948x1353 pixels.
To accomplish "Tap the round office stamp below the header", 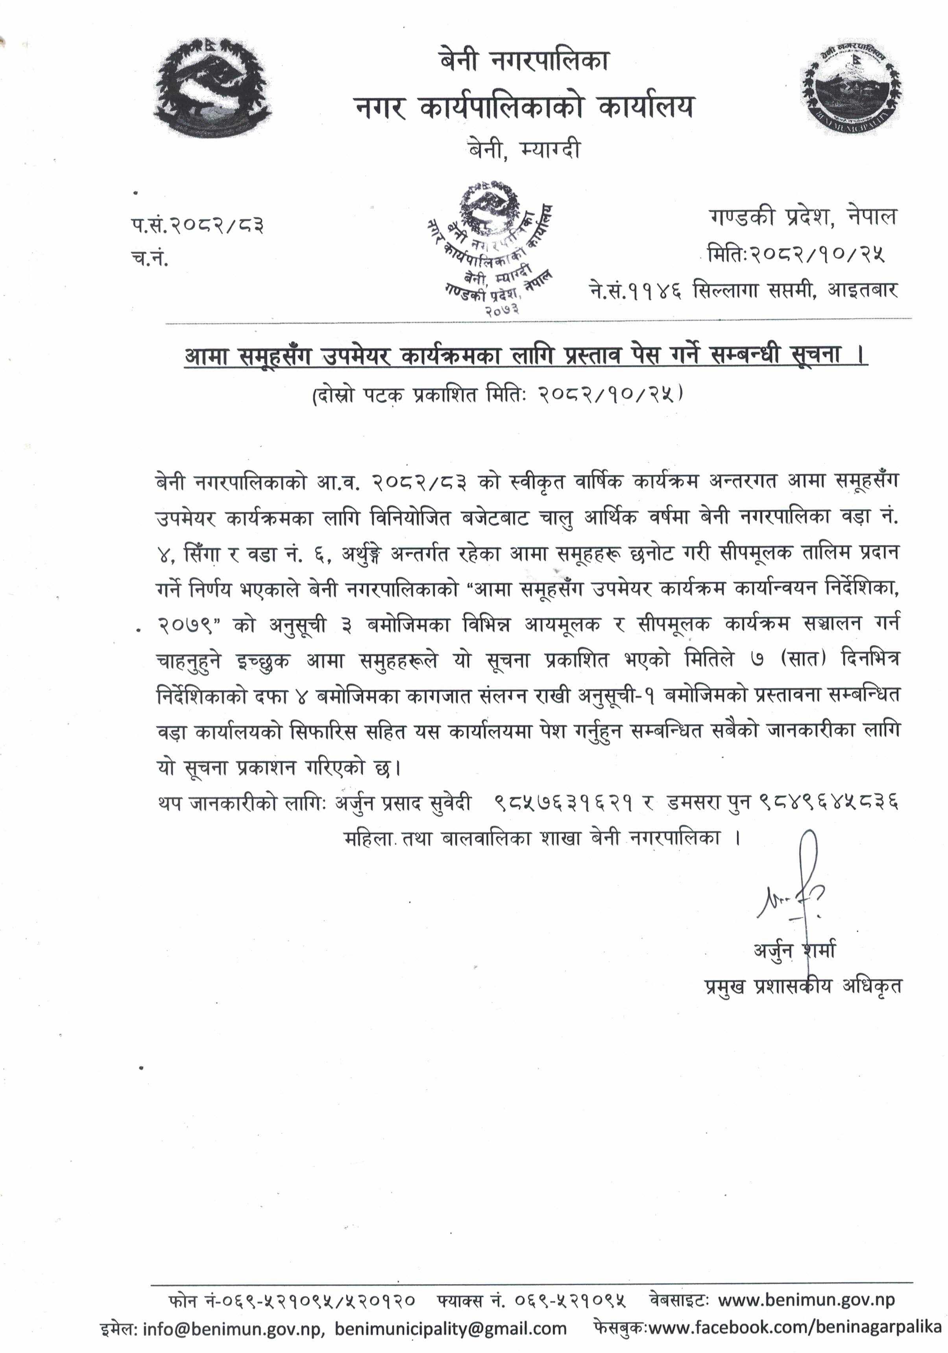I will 490,248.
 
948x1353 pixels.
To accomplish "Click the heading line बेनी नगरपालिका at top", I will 523,61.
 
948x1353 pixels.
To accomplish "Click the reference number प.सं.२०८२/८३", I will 198,224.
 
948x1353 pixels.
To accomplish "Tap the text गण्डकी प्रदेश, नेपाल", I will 802,217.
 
